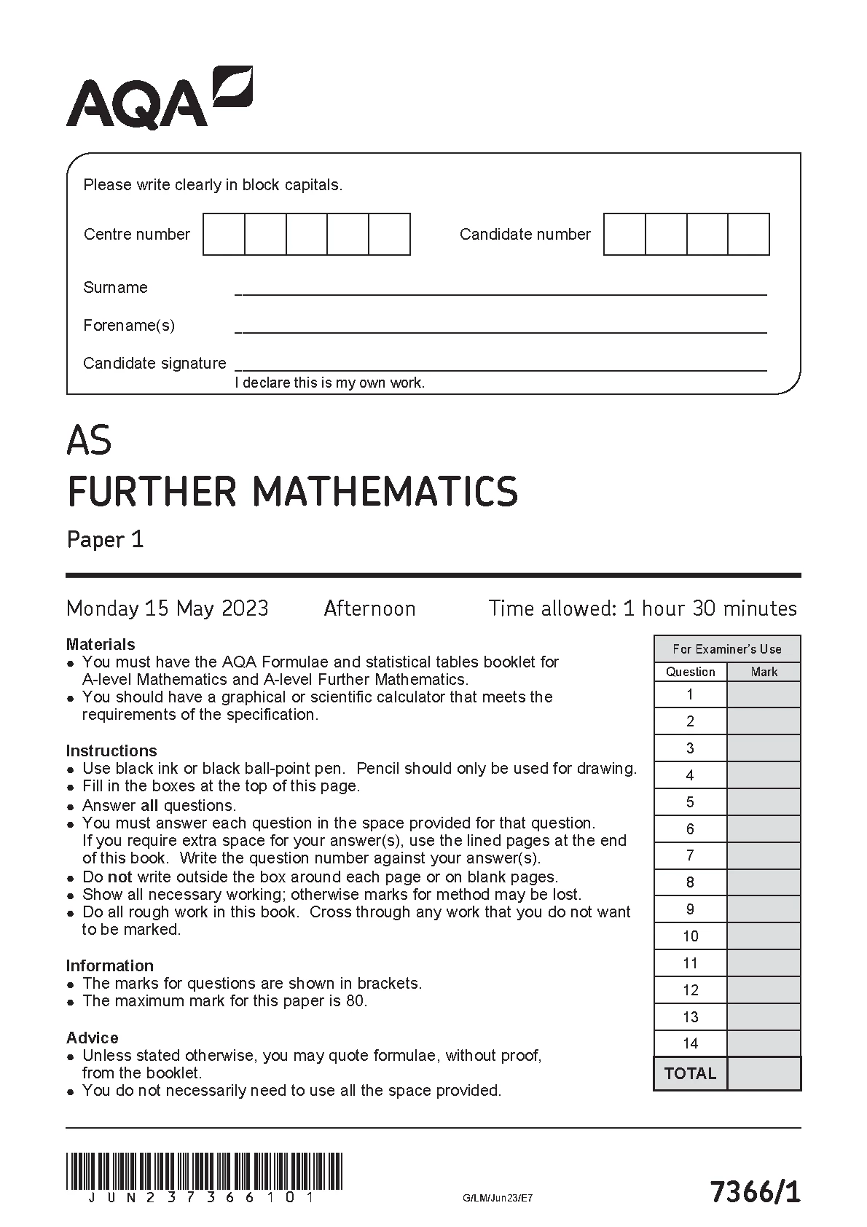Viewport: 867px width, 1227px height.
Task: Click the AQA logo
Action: point(159,98)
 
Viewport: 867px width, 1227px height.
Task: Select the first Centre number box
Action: point(224,234)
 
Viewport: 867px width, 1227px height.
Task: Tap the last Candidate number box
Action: point(748,234)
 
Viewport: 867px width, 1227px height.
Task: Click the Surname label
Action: point(115,287)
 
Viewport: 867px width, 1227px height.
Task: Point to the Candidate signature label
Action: point(154,363)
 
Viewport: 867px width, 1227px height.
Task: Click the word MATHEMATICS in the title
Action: point(385,491)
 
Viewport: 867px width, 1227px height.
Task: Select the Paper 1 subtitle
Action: point(106,539)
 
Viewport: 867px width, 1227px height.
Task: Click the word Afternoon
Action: point(369,608)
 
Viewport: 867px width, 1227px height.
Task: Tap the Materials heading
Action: point(101,644)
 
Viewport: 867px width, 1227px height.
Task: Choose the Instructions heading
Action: point(111,750)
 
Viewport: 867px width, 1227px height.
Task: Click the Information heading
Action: point(109,965)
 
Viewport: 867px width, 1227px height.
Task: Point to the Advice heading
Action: point(92,1038)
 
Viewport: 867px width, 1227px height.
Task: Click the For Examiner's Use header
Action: point(726,648)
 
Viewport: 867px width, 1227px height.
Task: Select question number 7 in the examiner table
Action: point(690,855)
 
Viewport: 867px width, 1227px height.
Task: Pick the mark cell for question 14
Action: point(764,1043)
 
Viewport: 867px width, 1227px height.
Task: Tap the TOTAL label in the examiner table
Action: point(690,1073)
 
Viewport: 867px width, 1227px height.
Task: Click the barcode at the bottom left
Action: point(204,1171)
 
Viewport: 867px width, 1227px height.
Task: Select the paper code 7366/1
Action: point(755,1193)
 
